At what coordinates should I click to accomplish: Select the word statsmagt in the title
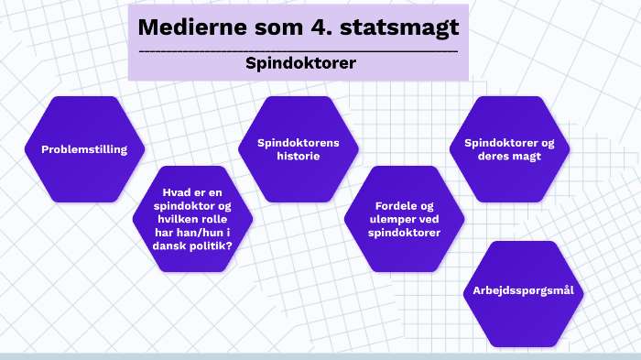[401, 27]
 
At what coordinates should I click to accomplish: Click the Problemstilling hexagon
[84, 149]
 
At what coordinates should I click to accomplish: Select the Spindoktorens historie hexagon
[299, 149]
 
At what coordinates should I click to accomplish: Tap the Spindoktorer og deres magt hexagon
[509, 149]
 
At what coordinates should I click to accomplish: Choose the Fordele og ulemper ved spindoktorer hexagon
[405, 219]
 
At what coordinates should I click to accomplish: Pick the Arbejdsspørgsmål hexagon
[524, 291]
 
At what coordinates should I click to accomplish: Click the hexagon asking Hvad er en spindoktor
[193, 219]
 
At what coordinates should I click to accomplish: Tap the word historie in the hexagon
[299, 156]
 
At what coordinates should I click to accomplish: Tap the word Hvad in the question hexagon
[178, 192]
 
